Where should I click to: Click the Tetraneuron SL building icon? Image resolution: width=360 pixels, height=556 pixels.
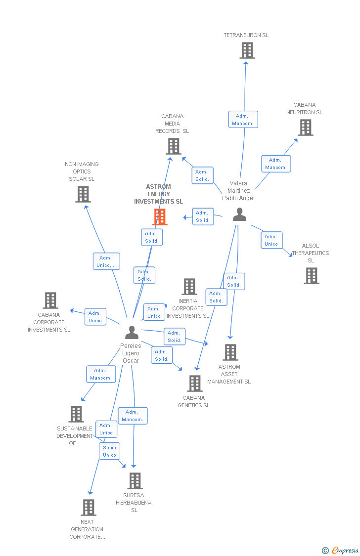(247, 50)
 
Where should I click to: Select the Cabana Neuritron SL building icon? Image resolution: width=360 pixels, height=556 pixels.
(305, 128)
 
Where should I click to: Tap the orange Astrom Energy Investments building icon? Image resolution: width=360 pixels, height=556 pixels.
(160, 217)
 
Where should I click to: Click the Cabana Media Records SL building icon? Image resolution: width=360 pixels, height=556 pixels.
(174, 146)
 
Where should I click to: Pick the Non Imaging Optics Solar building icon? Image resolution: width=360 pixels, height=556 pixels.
(83, 194)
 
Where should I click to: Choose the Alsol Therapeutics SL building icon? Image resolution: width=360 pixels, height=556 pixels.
(311, 276)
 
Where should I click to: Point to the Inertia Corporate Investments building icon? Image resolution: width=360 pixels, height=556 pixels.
(189, 287)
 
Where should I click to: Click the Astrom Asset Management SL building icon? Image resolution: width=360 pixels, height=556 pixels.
(230, 352)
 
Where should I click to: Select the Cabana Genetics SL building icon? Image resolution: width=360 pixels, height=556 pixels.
(195, 384)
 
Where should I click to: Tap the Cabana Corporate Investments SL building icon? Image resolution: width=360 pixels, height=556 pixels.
(50, 300)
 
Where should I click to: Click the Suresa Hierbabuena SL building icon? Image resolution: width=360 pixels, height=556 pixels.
(135, 481)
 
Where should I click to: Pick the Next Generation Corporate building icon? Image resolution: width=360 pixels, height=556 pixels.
(88, 508)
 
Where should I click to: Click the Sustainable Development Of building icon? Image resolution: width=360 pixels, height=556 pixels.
(76, 414)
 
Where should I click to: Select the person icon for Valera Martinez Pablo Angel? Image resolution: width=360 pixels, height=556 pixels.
(239, 214)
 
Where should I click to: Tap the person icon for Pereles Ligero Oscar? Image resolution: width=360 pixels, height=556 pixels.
(132, 332)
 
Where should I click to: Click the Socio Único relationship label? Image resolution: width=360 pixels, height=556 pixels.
(109, 451)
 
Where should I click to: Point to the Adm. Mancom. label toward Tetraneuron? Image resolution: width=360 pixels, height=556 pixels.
(243, 120)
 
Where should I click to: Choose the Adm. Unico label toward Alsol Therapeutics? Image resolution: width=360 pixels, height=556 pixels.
(271, 240)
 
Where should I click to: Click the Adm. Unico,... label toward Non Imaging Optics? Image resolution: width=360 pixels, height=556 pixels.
(106, 261)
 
